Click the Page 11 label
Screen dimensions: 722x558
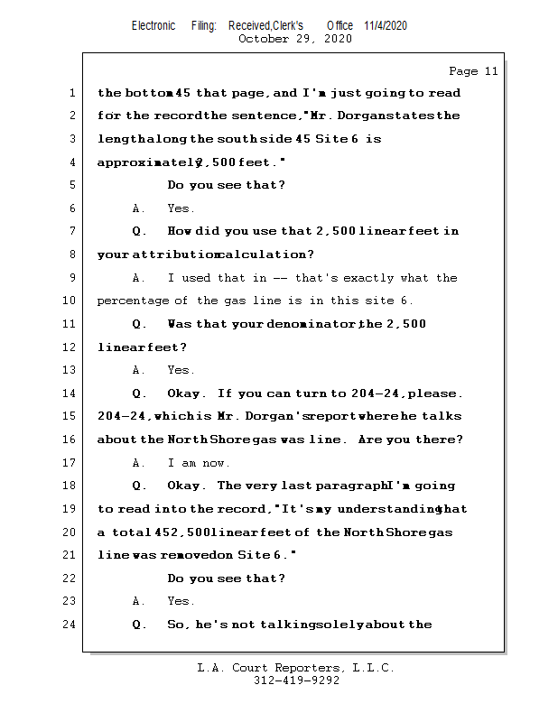pyautogui.click(x=473, y=71)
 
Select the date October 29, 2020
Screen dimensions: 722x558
pyautogui.click(x=294, y=39)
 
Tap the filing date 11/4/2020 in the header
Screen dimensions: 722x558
pyautogui.click(x=386, y=25)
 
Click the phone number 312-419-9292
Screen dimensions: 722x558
pyautogui.click(x=296, y=680)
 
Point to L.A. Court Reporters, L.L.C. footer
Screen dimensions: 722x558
pyautogui.click(x=295, y=668)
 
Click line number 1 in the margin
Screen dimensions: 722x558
pyautogui.click(x=72, y=93)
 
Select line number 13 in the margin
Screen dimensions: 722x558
pyautogui.click(x=70, y=370)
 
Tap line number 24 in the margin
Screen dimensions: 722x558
pyautogui.click(x=70, y=625)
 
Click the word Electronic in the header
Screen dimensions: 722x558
pyautogui.click(x=153, y=25)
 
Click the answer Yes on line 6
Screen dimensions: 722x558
pyautogui.click(x=181, y=208)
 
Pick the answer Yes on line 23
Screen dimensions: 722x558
pyautogui.click(x=181, y=601)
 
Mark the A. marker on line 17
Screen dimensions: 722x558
pyautogui.click(x=138, y=463)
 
